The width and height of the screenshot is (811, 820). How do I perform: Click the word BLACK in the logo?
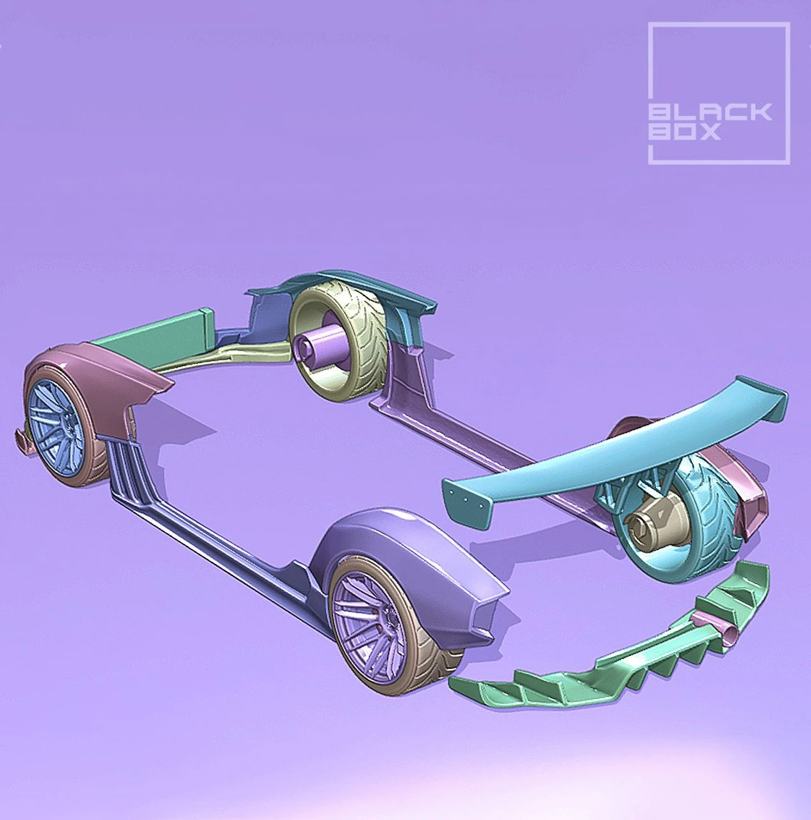pyautogui.click(x=710, y=113)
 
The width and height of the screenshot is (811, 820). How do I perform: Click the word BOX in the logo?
pyautogui.click(x=685, y=132)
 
